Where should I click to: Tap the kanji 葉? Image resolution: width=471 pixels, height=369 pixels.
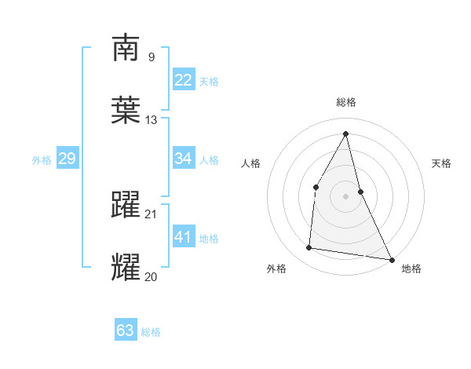[x=126, y=110]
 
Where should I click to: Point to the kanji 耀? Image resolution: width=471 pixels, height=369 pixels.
[x=126, y=267]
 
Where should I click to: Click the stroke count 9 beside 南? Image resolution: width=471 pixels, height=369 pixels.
[x=151, y=57]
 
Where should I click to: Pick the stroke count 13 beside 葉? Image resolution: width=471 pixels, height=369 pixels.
[x=151, y=120]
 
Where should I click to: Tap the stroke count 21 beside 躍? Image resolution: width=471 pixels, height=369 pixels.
[x=151, y=214]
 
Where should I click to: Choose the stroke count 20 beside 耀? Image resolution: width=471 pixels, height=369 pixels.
[x=151, y=276]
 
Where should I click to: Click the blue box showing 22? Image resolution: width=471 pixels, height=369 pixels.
[x=184, y=80]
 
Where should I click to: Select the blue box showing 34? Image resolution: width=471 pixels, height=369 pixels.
[x=184, y=159]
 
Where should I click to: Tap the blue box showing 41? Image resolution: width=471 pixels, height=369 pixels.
[x=184, y=237]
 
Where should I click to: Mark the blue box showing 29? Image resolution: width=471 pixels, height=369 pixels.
[x=67, y=159]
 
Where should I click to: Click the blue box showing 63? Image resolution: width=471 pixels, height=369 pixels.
[x=126, y=331]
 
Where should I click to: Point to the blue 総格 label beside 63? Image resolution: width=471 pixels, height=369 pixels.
[x=151, y=332]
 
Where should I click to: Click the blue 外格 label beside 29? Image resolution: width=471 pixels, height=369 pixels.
[x=42, y=160]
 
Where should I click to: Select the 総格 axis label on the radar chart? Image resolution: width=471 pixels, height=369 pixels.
[x=346, y=102]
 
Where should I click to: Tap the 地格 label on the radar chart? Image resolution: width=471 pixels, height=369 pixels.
[x=411, y=269]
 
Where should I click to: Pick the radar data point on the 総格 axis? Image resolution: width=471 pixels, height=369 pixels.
[x=346, y=133]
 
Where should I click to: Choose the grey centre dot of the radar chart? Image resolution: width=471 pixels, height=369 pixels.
[x=346, y=195]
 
